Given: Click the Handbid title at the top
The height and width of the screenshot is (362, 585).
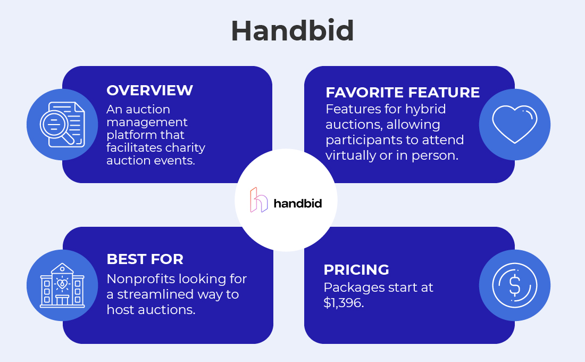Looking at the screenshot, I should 292,31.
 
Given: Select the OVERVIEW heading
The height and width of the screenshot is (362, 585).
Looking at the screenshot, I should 149,90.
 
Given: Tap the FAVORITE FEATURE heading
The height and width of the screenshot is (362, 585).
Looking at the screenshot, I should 403,93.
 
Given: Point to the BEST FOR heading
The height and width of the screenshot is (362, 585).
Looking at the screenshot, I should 145,259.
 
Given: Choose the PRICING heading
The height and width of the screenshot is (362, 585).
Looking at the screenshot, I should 356,270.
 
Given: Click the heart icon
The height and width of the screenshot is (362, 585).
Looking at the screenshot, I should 514,125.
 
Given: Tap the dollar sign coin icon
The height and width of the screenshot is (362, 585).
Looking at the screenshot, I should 514,285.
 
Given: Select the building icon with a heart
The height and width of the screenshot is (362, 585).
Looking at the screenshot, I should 62,285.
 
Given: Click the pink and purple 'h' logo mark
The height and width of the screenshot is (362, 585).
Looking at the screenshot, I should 259,200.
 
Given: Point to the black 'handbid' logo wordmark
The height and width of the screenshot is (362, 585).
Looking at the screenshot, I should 297,203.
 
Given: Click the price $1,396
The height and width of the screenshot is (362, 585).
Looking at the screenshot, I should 344,303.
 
